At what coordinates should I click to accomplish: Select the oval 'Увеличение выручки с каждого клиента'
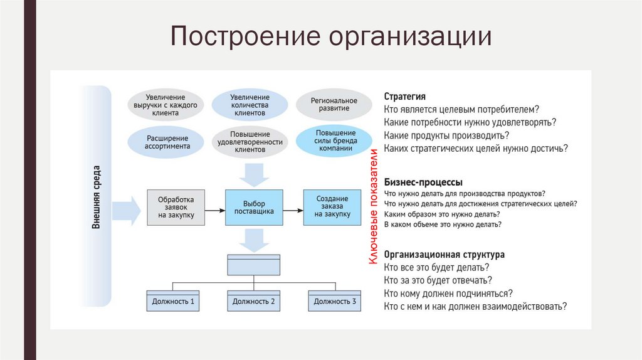pos(166,105)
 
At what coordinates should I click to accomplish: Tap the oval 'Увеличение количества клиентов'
pos(250,105)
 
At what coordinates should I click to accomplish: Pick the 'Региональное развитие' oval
pos(334,105)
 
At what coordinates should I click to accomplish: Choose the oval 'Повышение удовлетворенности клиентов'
pos(250,142)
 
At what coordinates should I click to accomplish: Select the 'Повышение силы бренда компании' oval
pos(334,142)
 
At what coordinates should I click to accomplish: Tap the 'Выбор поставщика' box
pos(254,207)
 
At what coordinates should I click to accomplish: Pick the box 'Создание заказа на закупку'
pos(332,207)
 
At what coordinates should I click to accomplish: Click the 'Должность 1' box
pos(173,300)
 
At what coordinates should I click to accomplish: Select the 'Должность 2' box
pos(253,300)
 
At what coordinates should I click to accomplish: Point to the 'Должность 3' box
pos(335,300)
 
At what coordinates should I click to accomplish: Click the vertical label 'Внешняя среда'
pos(97,196)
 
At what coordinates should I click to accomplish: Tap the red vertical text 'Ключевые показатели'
pos(372,207)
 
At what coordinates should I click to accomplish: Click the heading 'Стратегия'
pos(404,97)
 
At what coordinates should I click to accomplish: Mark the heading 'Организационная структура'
pos(444,255)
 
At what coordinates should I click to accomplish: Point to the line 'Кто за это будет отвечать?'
pos(437,280)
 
